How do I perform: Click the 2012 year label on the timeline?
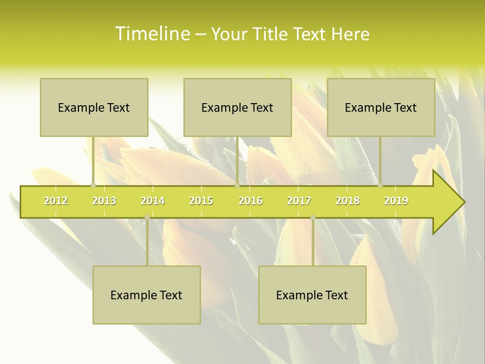click(x=56, y=201)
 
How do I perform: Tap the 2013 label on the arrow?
click(x=104, y=201)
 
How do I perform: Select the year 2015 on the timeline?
click(x=201, y=201)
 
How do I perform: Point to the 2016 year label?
click(x=251, y=201)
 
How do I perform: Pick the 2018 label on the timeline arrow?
click(x=348, y=201)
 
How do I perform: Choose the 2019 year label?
click(x=396, y=201)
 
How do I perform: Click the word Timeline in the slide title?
click(x=152, y=34)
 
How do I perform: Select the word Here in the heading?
click(x=350, y=34)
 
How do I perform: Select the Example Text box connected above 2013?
click(x=94, y=107)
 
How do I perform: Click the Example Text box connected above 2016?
click(x=237, y=107)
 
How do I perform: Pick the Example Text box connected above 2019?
click(x=381, y=107)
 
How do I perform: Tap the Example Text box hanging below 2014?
click(x=147, y=295)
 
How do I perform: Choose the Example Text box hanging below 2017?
click(x=312, y=295)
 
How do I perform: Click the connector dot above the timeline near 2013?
click(x=93, y=186)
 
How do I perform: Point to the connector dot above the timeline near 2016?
click(x=237, y=186)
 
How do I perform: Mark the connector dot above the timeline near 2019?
click(x=380, y=186)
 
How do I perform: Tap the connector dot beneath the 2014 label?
click(x=147, y=217)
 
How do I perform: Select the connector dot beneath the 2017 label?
click(x=313, y=217)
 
